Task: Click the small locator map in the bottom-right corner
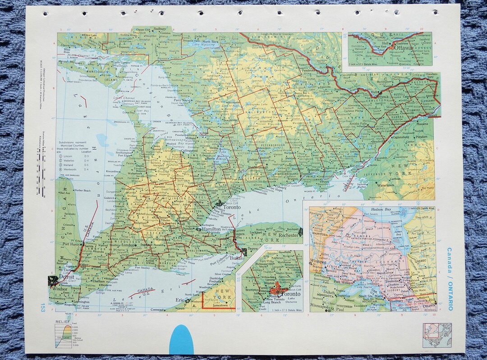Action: pos(436,335)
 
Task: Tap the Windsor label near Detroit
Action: pos(58,289)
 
